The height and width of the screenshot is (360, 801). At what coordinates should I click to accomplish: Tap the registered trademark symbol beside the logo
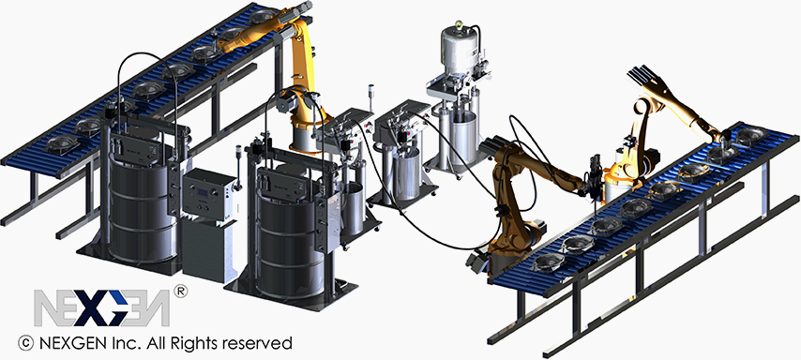pos(180,292)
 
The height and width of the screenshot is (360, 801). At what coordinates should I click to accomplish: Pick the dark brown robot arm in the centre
pos(516,178)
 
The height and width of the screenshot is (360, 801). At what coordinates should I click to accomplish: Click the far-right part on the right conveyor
pos(748,137)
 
